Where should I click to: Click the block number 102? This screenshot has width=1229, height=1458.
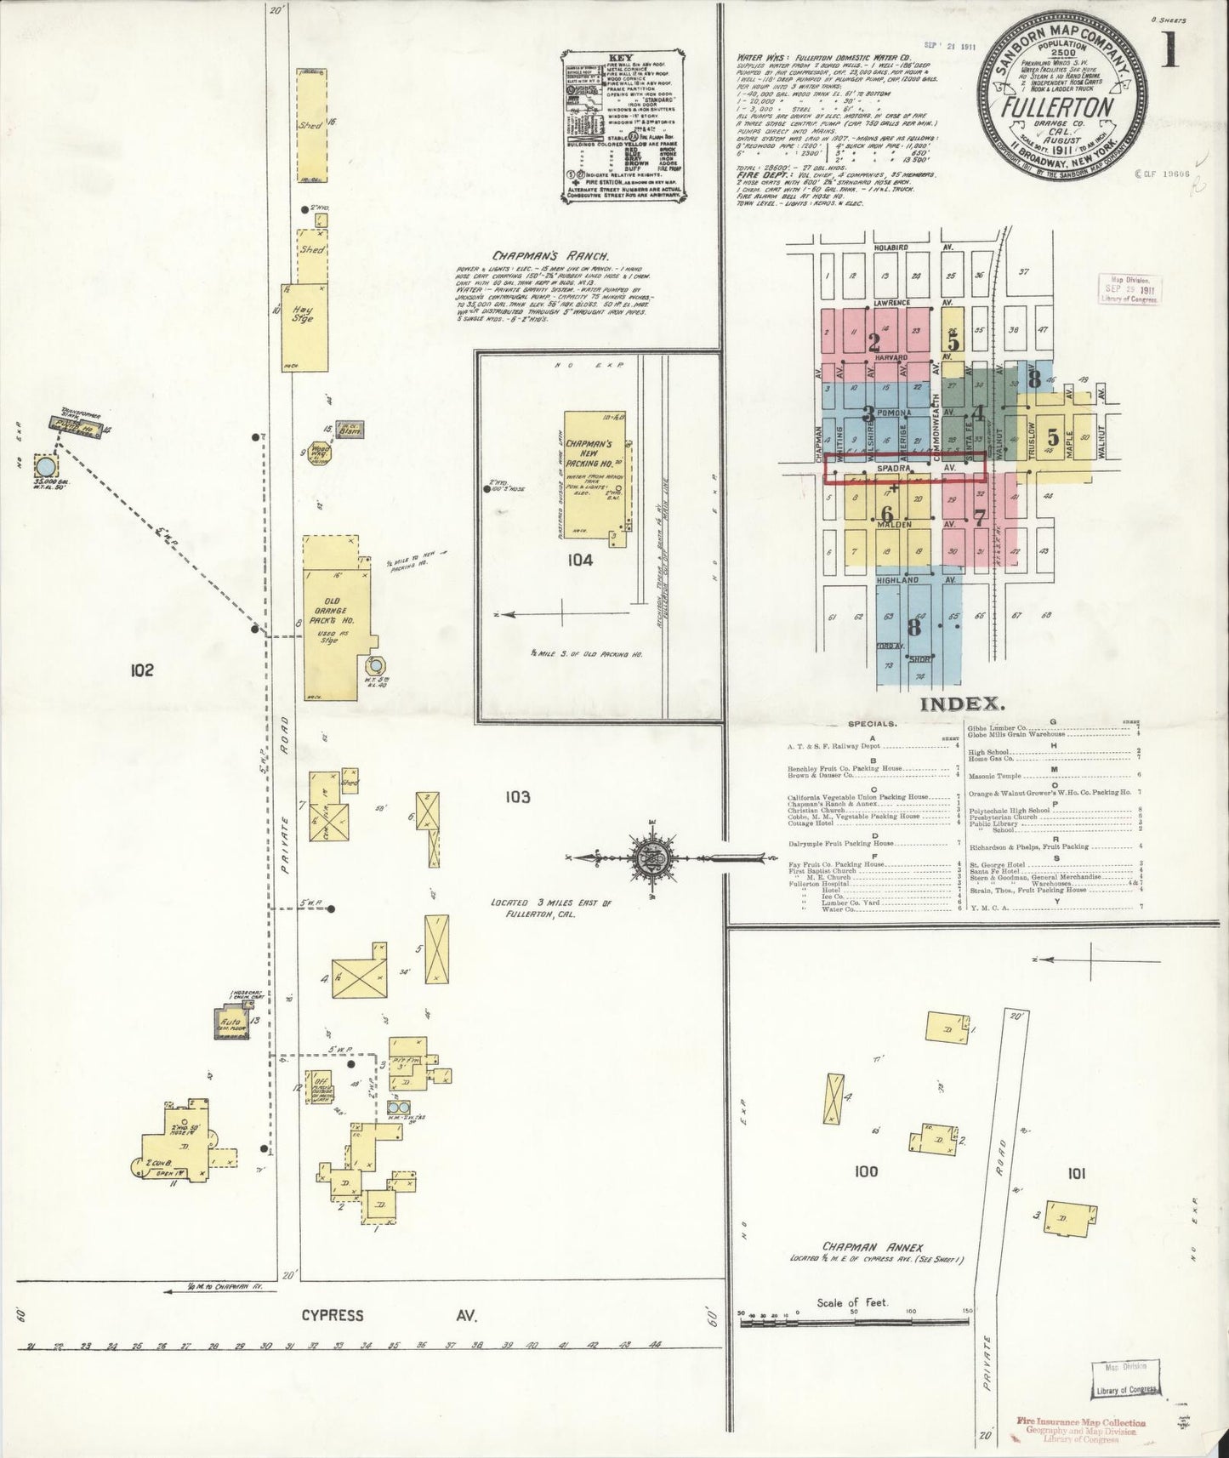tap(141, 670)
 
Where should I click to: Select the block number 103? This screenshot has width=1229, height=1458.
tap(517, 797)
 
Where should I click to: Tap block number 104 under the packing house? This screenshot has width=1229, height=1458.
tap(581, 560)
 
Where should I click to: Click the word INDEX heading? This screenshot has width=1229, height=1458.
tap(963, 704)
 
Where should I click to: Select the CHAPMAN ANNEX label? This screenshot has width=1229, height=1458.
tap(862, 1247)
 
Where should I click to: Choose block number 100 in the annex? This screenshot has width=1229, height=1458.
tap(865, 1171)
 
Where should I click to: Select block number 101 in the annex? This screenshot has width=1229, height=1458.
tap(1076, 1174)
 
